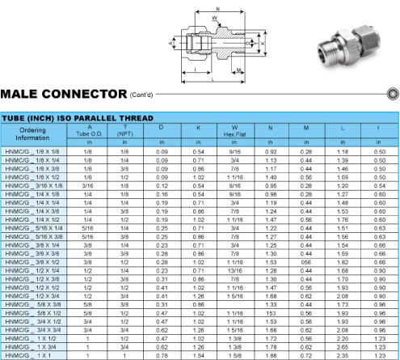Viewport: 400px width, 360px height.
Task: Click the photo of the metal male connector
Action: coord(349,47)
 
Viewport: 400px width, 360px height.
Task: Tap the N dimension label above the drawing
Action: coord(218,9)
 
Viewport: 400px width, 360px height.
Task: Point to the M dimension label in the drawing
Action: coord(238,70)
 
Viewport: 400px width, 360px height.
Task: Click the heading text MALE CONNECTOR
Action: coord(64,94)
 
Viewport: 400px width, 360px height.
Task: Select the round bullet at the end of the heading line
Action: coord(393,94)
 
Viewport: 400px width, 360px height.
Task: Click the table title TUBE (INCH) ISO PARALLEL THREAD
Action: coord(78,118)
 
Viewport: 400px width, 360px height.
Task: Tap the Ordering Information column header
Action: coord(32,134)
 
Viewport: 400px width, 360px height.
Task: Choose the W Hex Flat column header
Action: coord(234,131)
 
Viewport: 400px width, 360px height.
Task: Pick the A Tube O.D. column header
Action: coord(90,131)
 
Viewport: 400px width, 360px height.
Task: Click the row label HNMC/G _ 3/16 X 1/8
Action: coord(34,186)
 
